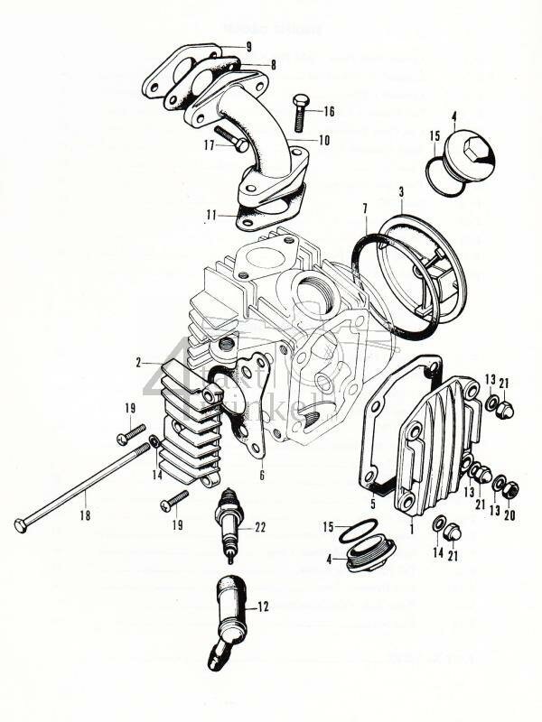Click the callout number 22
pos(261,528)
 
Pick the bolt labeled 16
pos(300,113)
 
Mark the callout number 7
pos(365,209)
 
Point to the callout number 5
pos(371,504)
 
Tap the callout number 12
pos(264,607)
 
